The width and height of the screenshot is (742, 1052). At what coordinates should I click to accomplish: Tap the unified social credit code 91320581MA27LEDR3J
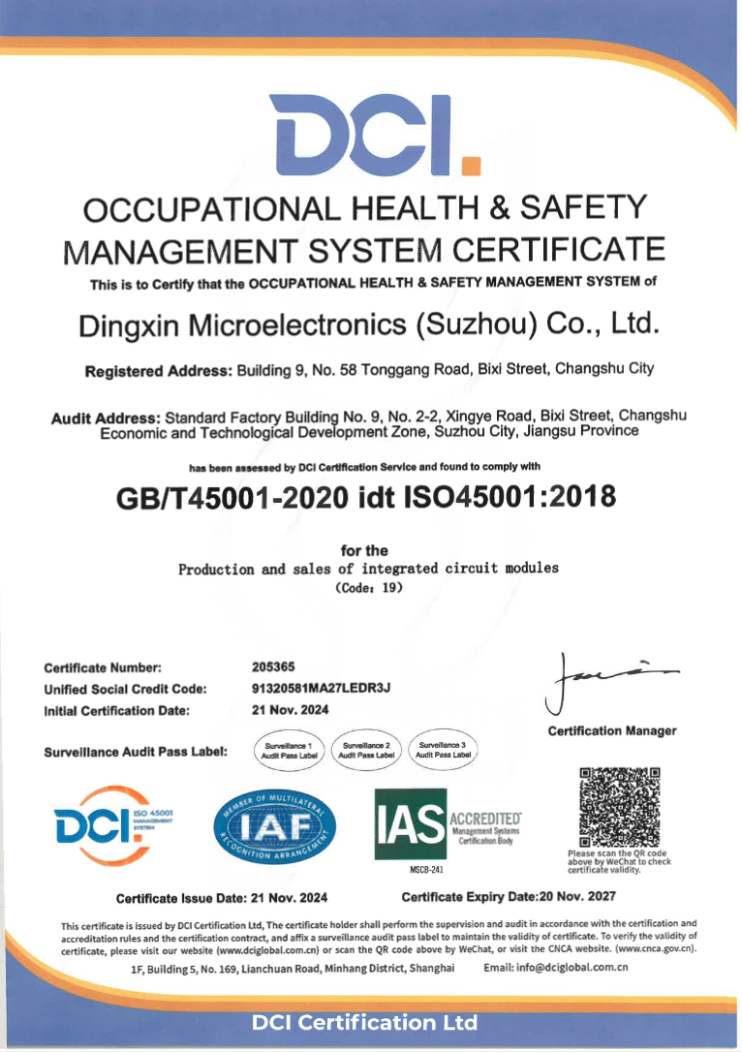tap(320, 689)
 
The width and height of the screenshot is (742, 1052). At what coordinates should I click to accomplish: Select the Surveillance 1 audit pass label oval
tap(289, 750)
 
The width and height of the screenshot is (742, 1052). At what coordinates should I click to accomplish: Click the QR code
tap(619, 806)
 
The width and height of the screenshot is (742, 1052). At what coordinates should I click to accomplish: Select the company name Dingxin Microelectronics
tap(370, 325)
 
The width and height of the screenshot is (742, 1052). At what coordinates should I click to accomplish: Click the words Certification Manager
tap(611, 730)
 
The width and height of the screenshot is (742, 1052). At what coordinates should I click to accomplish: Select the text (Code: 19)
tap(368, 588)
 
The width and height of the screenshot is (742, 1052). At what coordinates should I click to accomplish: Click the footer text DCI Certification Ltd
tap(364, 1023)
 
